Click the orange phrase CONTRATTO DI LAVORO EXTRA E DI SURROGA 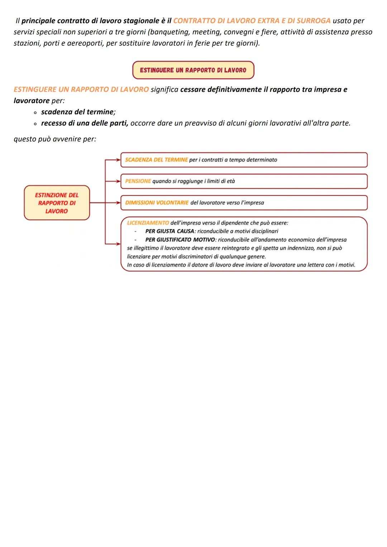click(252, 21)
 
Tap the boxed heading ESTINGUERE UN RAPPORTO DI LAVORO click(193, 70)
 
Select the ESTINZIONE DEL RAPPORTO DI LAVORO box click(57, 203)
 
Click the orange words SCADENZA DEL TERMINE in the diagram click(156, 160)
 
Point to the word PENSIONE click(138, 181)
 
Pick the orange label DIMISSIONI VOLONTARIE click(157, 203)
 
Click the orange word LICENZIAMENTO click(148, 223)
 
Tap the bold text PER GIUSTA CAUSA click(169, 231)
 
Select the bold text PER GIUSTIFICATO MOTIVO click(180, 240)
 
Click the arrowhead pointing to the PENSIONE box click(118, 181)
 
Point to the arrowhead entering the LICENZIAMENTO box click(118, 244)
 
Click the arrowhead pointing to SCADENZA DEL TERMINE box click(118, 160)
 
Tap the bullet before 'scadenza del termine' click(35, 112)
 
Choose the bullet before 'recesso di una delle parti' click(35, 124)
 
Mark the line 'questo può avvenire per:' click(55, 139)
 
